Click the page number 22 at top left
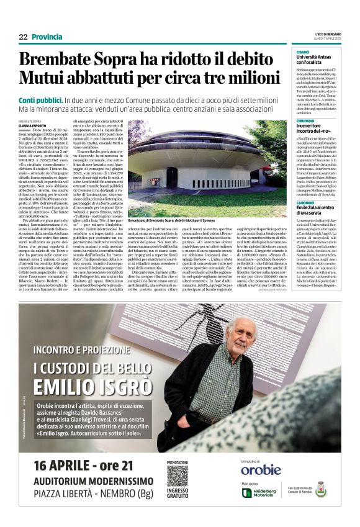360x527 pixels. [x=23, y=37]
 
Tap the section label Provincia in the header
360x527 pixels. [x=47, y=37]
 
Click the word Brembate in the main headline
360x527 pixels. [x=55, y=60]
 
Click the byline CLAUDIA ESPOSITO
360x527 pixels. [x=32, y=125]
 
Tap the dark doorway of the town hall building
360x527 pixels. [x=172, y=178]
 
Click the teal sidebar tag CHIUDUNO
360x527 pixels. [x=304, y=122]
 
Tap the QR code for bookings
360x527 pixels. [x=178, y=477]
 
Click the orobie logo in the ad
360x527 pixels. [x=261, y=470]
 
